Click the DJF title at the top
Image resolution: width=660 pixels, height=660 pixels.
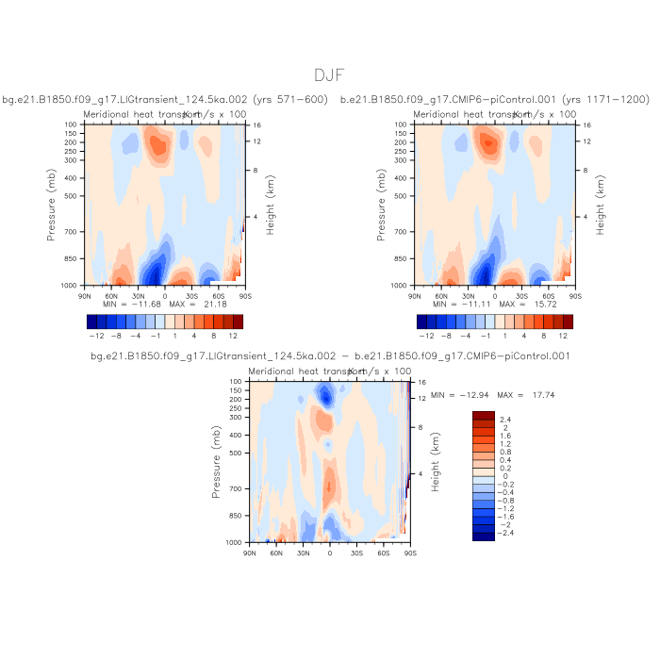tap(329, 74)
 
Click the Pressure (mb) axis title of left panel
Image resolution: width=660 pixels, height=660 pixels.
tap(53, 204)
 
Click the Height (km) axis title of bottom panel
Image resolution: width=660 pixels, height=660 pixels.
tap(435, 462)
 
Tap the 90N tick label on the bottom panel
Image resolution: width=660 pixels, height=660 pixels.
tap(249, 553)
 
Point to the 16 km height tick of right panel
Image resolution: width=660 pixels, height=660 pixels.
tap(586, 124)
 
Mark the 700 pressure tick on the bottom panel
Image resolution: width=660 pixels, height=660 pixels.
tap(239, 489)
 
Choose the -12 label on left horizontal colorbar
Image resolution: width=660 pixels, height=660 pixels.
tap(95, 336)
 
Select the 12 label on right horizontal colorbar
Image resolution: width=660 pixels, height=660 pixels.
tap(563, 336)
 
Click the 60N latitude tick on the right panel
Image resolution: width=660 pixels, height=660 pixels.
tap(441, 294)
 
